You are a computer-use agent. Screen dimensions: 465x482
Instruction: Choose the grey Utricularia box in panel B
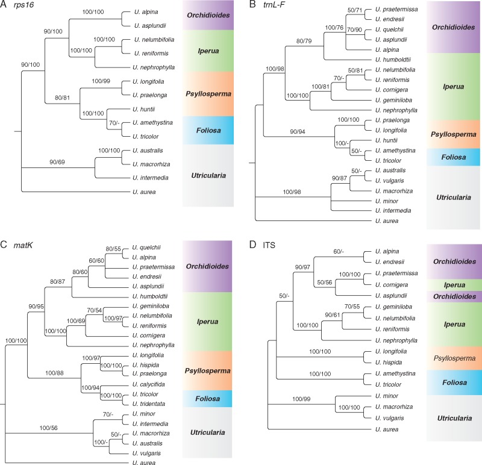(453, 197)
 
